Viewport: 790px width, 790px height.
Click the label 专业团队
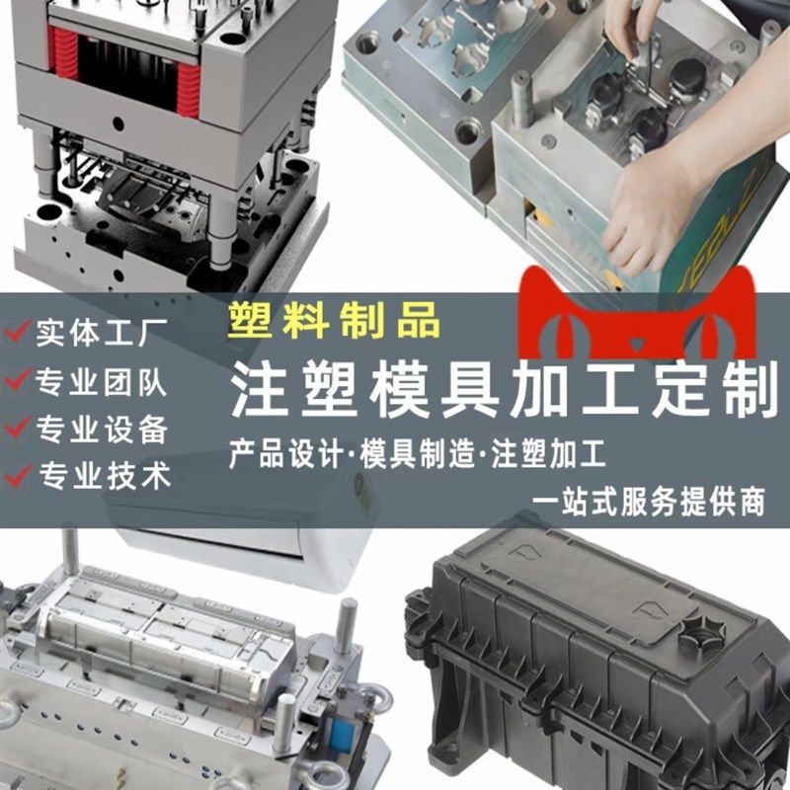102,382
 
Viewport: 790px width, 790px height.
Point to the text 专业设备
102,430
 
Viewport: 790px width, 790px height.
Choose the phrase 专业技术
102,477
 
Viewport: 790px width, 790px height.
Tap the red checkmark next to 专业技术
17,477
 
